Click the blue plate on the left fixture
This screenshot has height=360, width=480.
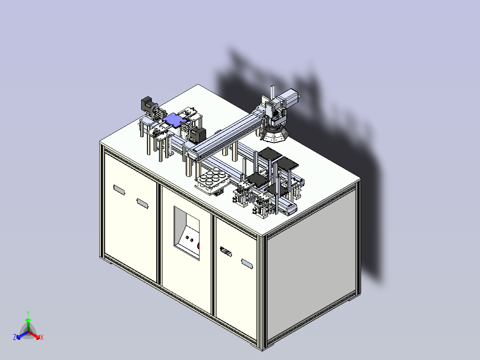174,119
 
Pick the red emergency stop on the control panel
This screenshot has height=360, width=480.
199,245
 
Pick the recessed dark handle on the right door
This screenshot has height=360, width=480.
226,253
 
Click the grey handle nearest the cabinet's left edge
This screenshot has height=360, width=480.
119,189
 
